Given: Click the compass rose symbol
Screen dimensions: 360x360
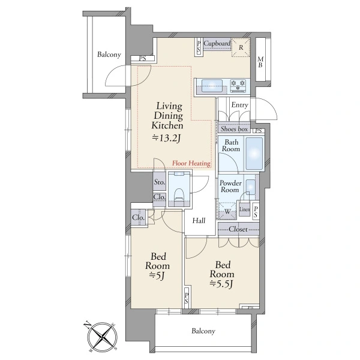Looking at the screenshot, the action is [101, 337].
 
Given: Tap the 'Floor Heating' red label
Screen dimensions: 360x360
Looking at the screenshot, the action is [191, 163].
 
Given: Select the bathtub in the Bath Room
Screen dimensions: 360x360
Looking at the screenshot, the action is [254, 154].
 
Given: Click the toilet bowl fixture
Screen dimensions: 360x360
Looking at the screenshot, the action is [179, 196].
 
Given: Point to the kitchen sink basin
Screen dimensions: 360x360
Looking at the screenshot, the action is [212, 86].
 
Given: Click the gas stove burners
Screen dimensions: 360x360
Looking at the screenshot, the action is [238, 86].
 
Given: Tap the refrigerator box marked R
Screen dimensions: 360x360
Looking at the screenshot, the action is [241, 47].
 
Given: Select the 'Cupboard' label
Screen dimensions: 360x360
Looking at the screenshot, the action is [217, 43].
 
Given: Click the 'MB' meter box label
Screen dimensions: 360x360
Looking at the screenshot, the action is [260, 62].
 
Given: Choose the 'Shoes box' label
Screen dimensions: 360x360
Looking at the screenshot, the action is [234, 129].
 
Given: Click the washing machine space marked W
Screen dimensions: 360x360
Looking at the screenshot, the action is [227, 211].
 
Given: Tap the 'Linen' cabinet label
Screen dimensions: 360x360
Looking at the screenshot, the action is [245, 209].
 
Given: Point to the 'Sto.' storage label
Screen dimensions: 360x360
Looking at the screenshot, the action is [160, 182].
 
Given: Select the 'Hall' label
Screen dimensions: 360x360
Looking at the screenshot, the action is [199, 221].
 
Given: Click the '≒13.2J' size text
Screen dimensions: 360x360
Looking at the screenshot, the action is [167, 138].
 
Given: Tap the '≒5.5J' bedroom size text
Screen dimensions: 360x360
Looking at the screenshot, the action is [222, 284].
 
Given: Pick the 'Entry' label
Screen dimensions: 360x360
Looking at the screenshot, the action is [239, 105].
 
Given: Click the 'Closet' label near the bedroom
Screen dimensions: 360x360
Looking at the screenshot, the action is [238, 229].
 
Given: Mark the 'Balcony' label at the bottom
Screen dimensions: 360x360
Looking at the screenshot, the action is [203, 331].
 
